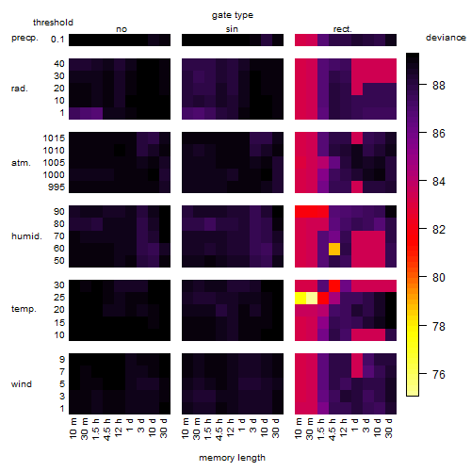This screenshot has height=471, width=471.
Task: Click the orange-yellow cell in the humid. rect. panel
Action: point(334,249)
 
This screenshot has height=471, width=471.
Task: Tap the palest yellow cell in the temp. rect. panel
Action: point(312,298)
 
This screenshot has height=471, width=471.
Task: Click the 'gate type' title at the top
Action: point(233,15)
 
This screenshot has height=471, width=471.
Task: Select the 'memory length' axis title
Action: point(232,458)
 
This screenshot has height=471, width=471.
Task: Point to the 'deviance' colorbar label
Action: point(446,38)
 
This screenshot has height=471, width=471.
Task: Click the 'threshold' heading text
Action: point(53,23)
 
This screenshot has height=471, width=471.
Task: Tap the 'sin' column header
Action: point(232,29)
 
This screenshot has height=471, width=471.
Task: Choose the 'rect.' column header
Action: point(342,29)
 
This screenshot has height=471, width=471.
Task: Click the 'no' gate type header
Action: point(122,29)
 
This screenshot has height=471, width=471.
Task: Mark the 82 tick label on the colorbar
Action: point(439,230)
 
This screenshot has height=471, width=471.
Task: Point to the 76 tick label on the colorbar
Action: point(439,374)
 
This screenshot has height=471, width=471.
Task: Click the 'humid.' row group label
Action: point(26,236)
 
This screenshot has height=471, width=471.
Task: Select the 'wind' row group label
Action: point(22,384)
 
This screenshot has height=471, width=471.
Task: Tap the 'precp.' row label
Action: point(24,38)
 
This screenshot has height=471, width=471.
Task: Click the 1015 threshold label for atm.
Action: point(54,138)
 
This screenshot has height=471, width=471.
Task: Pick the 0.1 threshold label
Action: point(57,40)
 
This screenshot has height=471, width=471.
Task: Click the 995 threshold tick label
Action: point(57,187)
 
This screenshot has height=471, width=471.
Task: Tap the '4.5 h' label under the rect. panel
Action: point(333,429)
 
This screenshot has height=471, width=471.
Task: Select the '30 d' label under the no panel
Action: point(164,428)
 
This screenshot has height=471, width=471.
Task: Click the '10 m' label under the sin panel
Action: point(186,428)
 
